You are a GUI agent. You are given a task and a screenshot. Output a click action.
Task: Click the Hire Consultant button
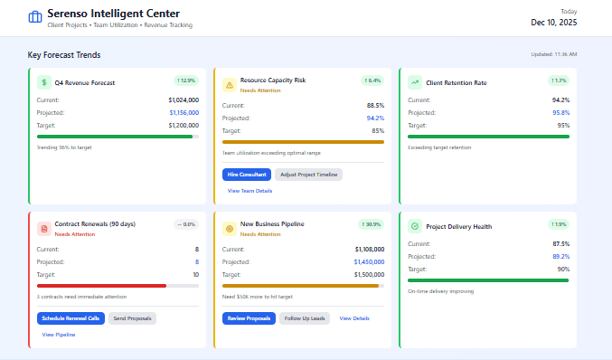[246, 174]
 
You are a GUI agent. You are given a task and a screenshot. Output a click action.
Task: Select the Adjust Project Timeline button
[308, 174]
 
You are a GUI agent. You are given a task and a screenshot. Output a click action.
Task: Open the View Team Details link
[250, 191]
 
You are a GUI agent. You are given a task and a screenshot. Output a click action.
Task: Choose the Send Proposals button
[134, 317]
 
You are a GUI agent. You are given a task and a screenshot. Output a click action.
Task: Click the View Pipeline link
[59, 335]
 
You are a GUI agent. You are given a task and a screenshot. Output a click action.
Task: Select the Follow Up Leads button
[305, 317]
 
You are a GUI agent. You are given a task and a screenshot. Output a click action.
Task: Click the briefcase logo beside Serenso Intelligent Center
[35, 17]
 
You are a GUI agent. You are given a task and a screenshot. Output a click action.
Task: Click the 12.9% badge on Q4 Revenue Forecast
[185, 81]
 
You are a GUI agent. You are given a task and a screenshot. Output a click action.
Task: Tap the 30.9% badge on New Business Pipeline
[371, 223]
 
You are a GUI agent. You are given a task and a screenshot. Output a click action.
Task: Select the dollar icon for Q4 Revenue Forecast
[43, 82]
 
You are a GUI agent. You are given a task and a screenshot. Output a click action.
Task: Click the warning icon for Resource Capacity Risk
[229, 84]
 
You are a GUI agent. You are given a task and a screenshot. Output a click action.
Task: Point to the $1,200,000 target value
[183, 125]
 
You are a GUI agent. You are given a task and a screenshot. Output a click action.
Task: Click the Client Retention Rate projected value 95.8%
[560, 112]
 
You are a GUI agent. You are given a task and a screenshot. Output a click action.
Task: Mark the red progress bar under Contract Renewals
[101, 285]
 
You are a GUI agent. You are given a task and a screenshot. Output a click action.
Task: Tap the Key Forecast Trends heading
[70, 55]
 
